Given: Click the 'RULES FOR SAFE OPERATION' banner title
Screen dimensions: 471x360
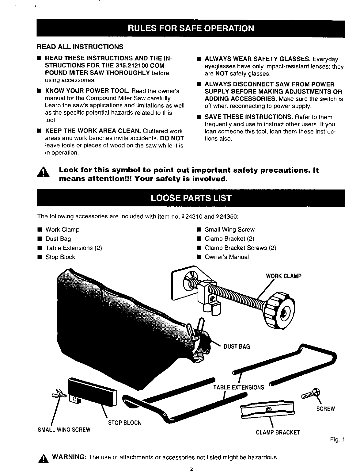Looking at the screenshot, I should [x=191, y=29].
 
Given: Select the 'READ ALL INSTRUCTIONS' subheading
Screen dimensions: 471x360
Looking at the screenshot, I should [x=80, y=47].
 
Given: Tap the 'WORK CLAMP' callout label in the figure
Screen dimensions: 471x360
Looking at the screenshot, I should [x=283, y=276].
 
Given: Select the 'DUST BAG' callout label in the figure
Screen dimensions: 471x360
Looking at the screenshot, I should [x=237, y=347].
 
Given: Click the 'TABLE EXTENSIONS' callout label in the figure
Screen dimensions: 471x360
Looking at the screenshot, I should [x=238, y=387].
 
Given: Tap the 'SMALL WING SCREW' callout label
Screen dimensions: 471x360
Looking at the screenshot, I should [x=64, y=430].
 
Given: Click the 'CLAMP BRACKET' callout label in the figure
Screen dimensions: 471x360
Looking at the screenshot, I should [x=278, y=433].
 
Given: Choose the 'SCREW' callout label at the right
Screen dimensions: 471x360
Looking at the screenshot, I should [x=326, y=409].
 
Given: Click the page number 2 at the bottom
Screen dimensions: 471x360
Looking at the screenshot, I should [x=191, y=468].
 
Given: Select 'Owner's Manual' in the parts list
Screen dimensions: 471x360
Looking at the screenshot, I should [x=227, y=257].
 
